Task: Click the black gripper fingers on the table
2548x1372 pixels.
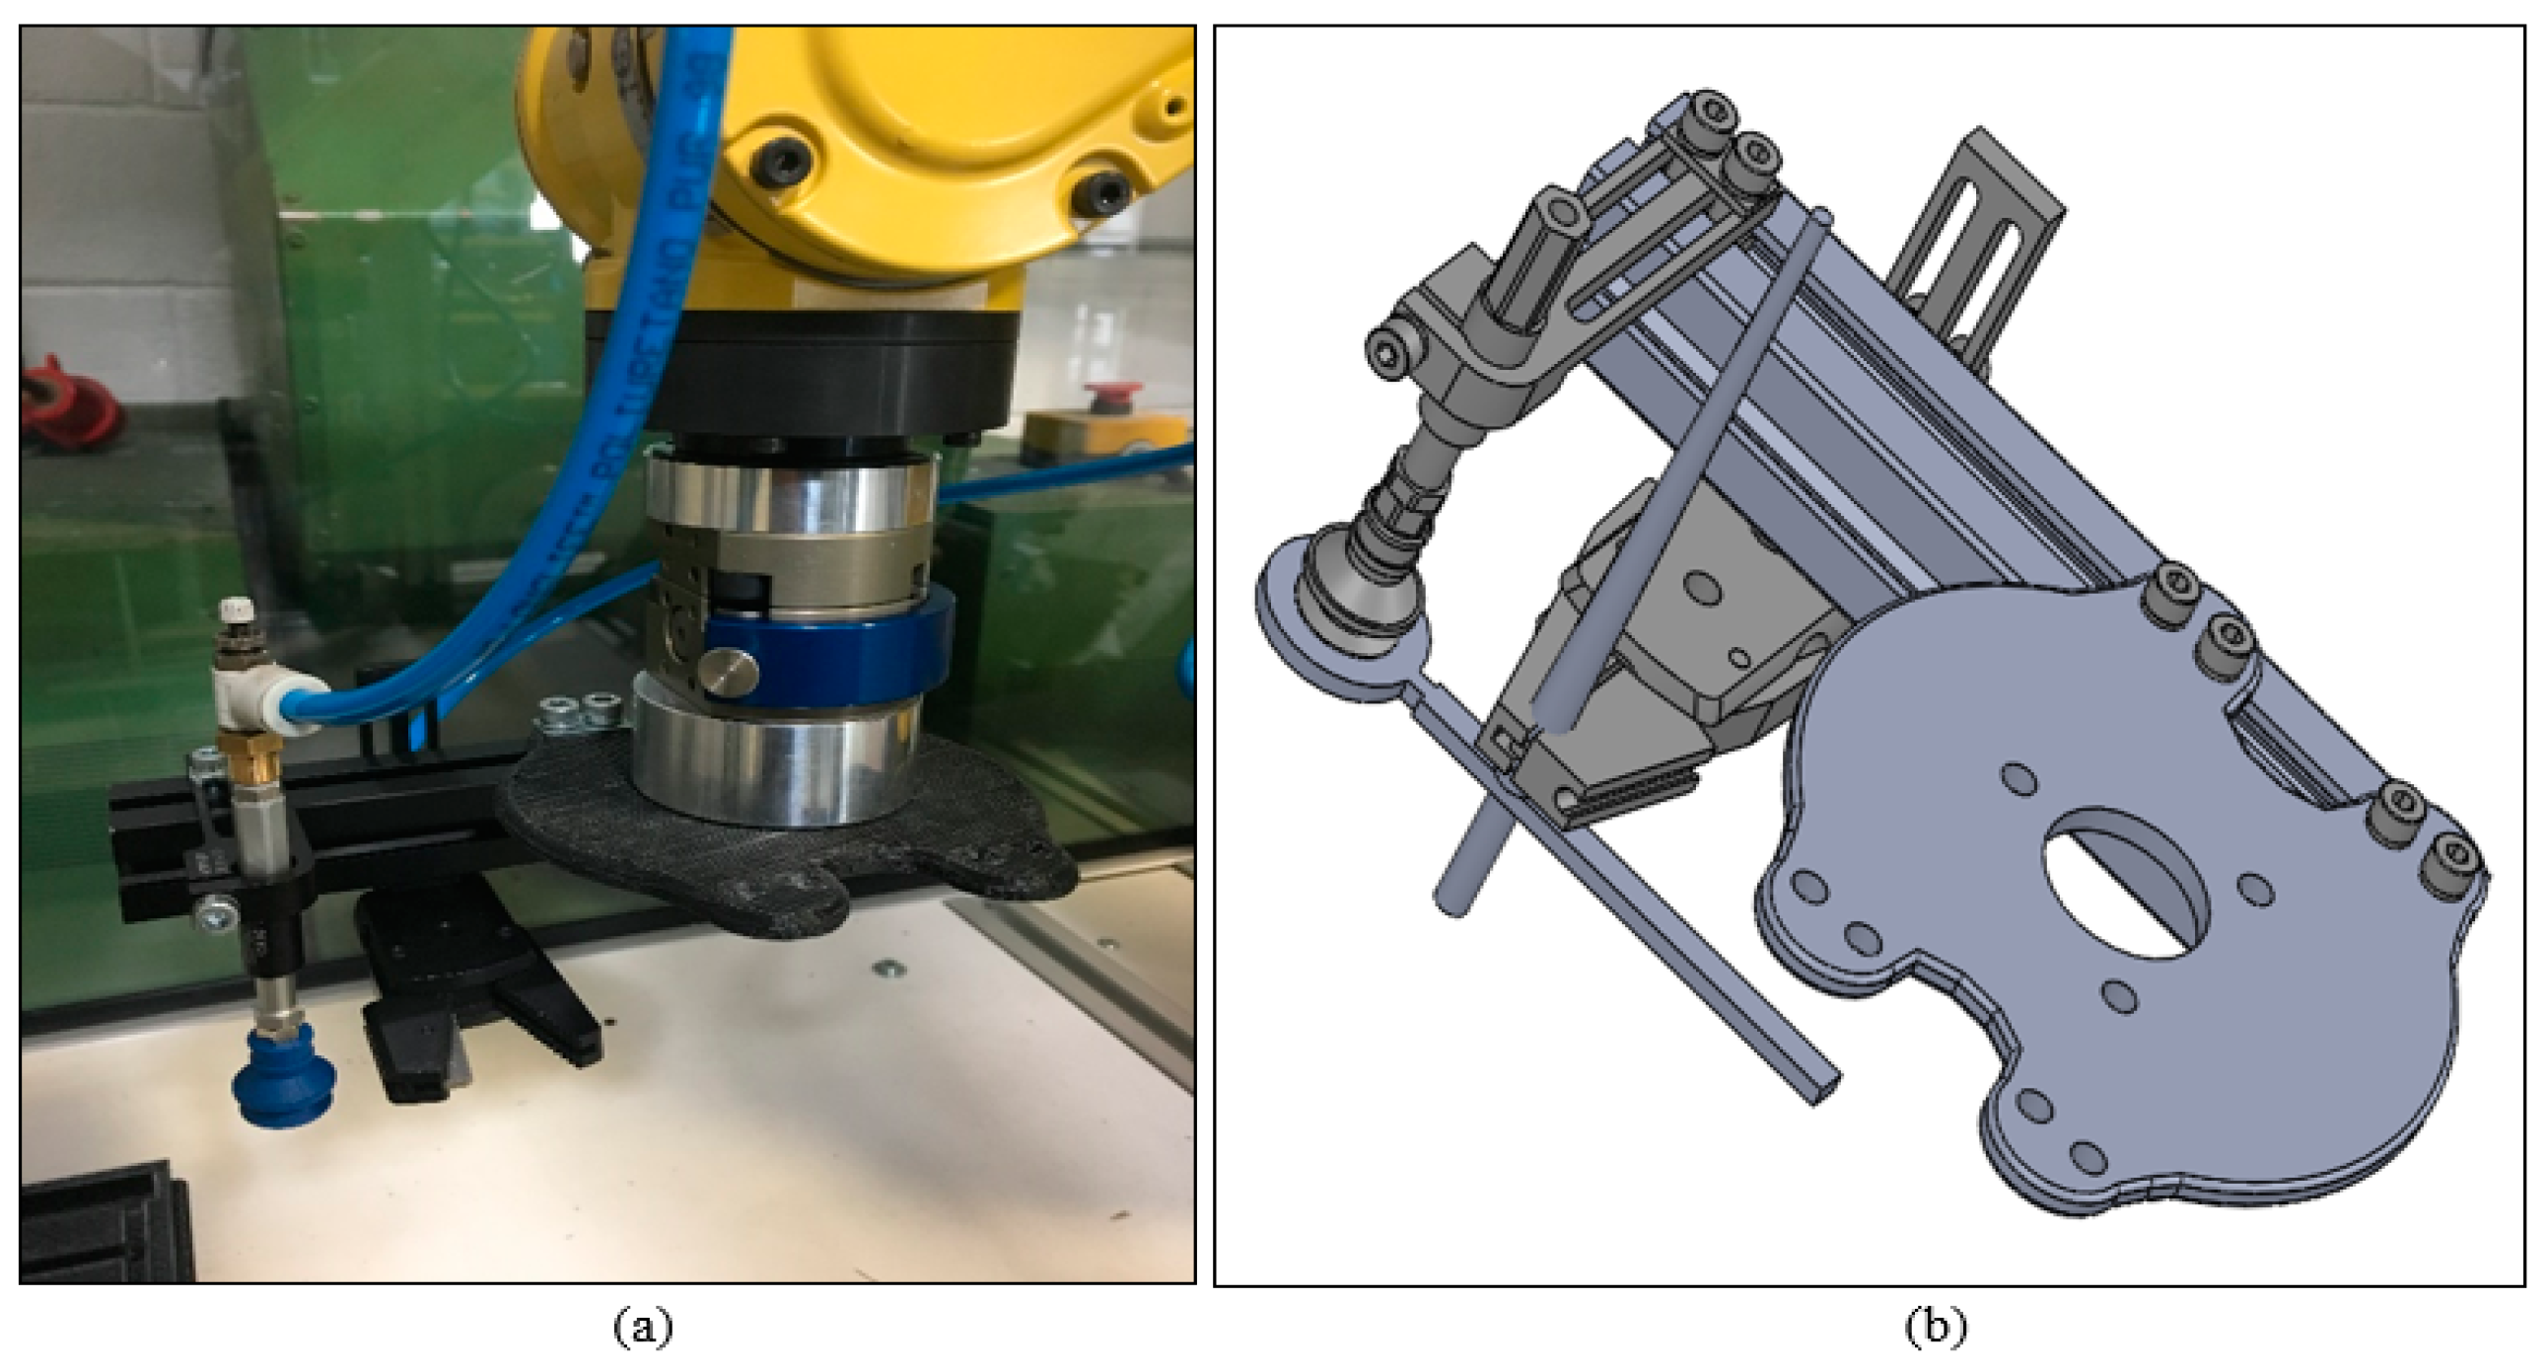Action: [x=474, y=1009]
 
